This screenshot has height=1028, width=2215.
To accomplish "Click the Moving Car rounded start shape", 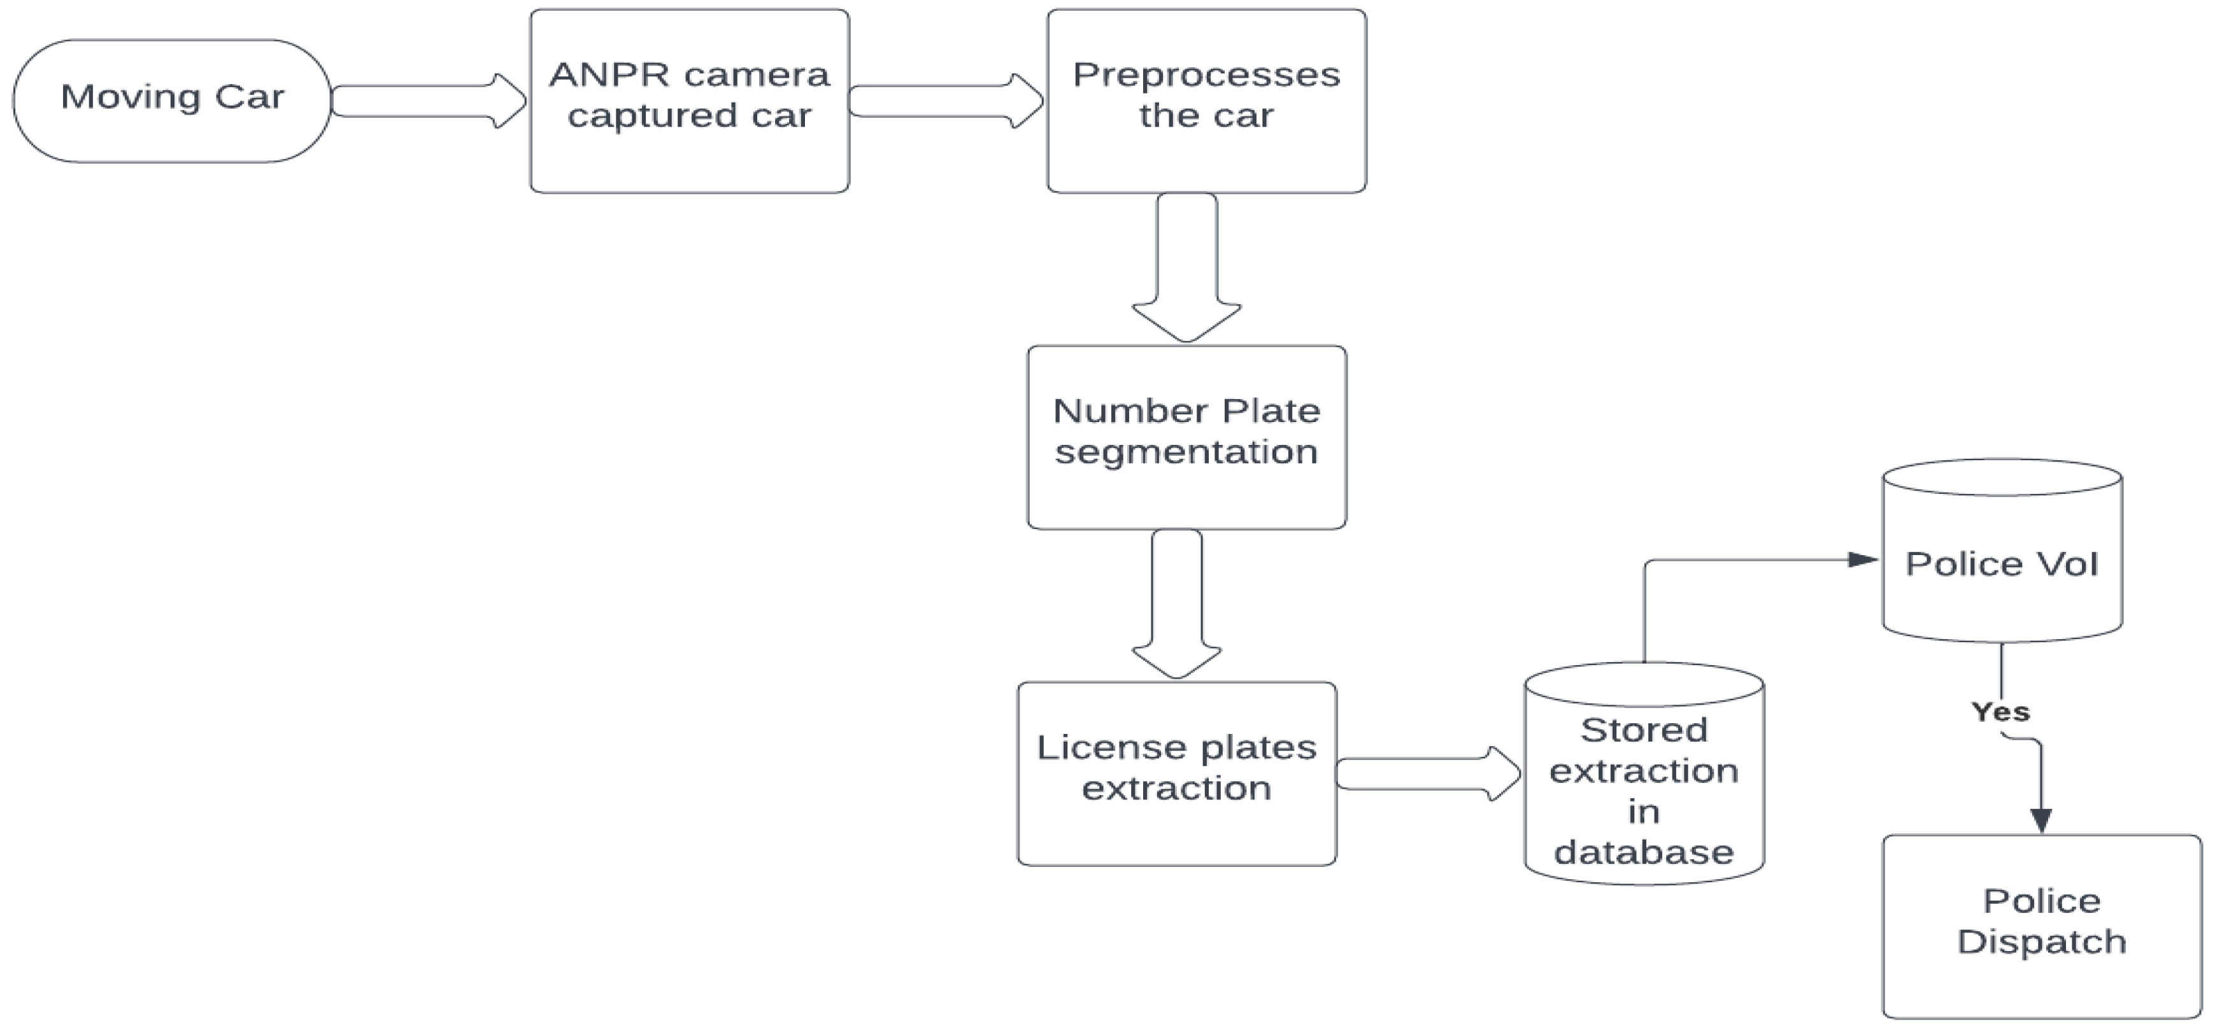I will (x=172, y=101).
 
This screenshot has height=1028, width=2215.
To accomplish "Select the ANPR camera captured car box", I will (x=690, y=101).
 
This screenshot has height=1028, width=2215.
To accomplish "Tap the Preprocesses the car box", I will (x=1206, y=101).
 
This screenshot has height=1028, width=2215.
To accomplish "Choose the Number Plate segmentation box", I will (x=1186, y=437).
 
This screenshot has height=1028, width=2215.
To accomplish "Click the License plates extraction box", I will (x=1176, y=773).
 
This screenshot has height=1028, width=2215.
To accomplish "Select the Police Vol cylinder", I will (x=2002, y=550).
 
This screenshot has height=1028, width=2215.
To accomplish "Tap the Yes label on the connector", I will (x=2000, y=712).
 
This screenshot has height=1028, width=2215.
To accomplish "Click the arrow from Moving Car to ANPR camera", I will (x=428, y=101).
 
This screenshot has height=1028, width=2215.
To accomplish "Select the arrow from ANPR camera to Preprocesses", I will (x=946, y=101).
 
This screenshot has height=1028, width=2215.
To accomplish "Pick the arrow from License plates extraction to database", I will (x=1427, y=773).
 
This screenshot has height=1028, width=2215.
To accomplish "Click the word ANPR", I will (x=609, y=74).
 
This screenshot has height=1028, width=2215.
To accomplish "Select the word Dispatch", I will (x=2041, y=941).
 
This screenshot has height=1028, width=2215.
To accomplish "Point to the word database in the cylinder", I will (x=1644, y=852).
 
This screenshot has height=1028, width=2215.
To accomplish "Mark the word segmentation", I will (x=1186, y=452).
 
